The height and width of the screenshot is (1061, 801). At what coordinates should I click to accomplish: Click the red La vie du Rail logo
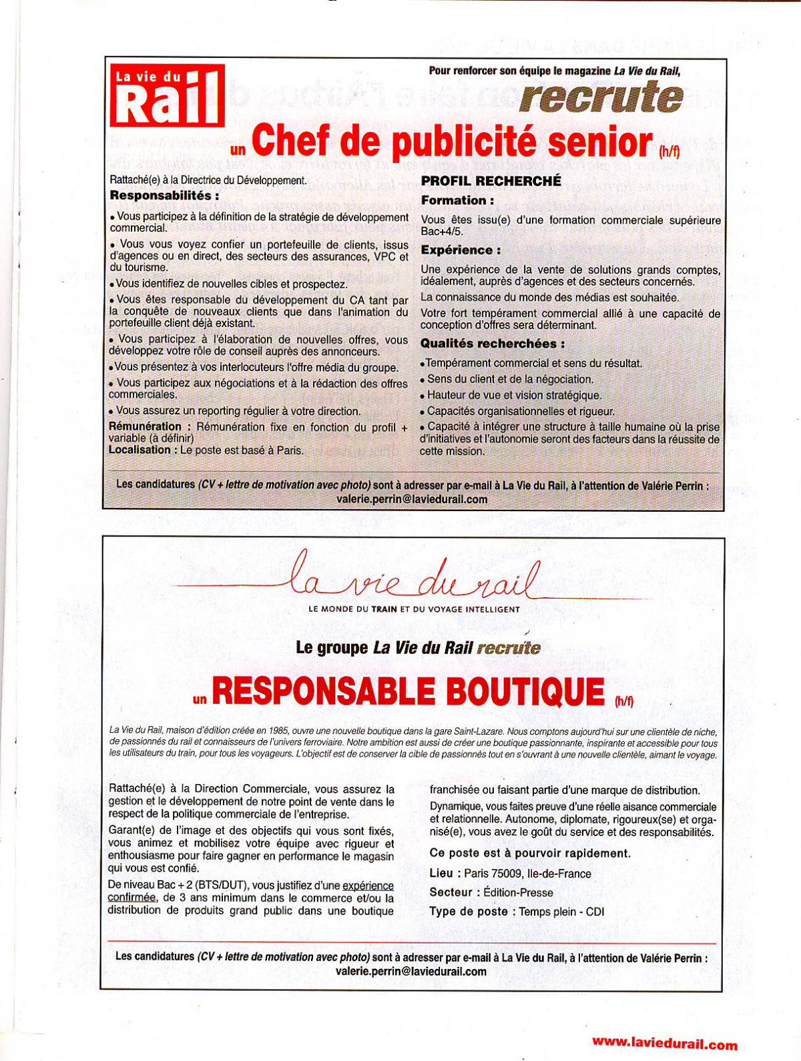pos(166,95)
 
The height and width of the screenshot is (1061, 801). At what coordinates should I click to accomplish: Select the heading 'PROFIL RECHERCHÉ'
pos(491,181)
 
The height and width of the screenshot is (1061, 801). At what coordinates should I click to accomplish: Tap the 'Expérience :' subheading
pos(461,250)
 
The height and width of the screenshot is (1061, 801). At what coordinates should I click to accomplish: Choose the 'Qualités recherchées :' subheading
pos(492,344)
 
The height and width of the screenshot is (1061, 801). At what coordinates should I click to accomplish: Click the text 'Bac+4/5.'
pos(442,232)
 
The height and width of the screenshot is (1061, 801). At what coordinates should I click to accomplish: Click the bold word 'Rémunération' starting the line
pos(145,426)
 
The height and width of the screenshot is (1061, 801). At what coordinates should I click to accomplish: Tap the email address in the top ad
pos(412,499)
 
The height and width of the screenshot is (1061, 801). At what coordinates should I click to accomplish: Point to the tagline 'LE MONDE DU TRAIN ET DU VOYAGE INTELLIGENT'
pos(414,609)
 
